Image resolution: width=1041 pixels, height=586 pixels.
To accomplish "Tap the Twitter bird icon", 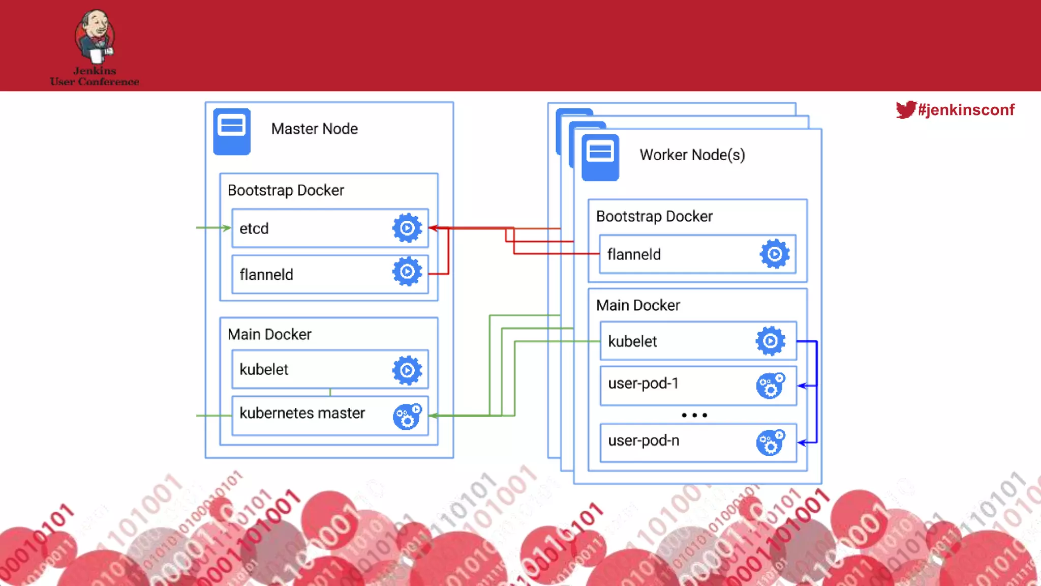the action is tap(905, 109).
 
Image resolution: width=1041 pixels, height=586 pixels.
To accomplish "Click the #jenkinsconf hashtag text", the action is tap(966, 110).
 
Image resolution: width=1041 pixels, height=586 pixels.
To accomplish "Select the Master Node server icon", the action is tap(232, 131).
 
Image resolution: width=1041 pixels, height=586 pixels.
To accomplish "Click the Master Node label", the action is tap(314, 129).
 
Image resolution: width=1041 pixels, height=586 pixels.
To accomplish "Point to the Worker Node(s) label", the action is tap(692, 155).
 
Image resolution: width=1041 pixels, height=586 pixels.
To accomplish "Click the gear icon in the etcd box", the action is tap(407, 228).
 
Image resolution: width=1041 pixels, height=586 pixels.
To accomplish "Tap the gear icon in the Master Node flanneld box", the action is tap(407, 272).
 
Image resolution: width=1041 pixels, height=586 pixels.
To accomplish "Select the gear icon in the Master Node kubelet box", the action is tap(407, 370).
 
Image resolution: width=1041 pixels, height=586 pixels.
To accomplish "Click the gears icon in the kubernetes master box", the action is tap(408, 416).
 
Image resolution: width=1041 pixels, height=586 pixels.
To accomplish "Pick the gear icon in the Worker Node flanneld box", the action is tap(775, 254).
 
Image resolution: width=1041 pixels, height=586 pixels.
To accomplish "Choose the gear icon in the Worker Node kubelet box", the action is tap(771, 341).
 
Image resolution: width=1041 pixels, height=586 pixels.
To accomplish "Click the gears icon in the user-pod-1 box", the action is tap(771, 386).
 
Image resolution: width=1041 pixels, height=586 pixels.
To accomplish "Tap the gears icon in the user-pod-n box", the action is tap(771, 442).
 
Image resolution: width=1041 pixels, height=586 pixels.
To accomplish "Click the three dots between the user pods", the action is tap(694, 415).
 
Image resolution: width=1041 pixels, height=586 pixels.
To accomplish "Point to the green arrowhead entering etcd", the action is tap(227, 228).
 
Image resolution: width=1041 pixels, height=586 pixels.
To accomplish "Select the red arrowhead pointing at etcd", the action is tap(433, 228).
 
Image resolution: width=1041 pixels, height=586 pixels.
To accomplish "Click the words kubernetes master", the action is tap(302, 413).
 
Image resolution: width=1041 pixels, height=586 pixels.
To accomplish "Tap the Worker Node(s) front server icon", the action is tap(600, 157).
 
